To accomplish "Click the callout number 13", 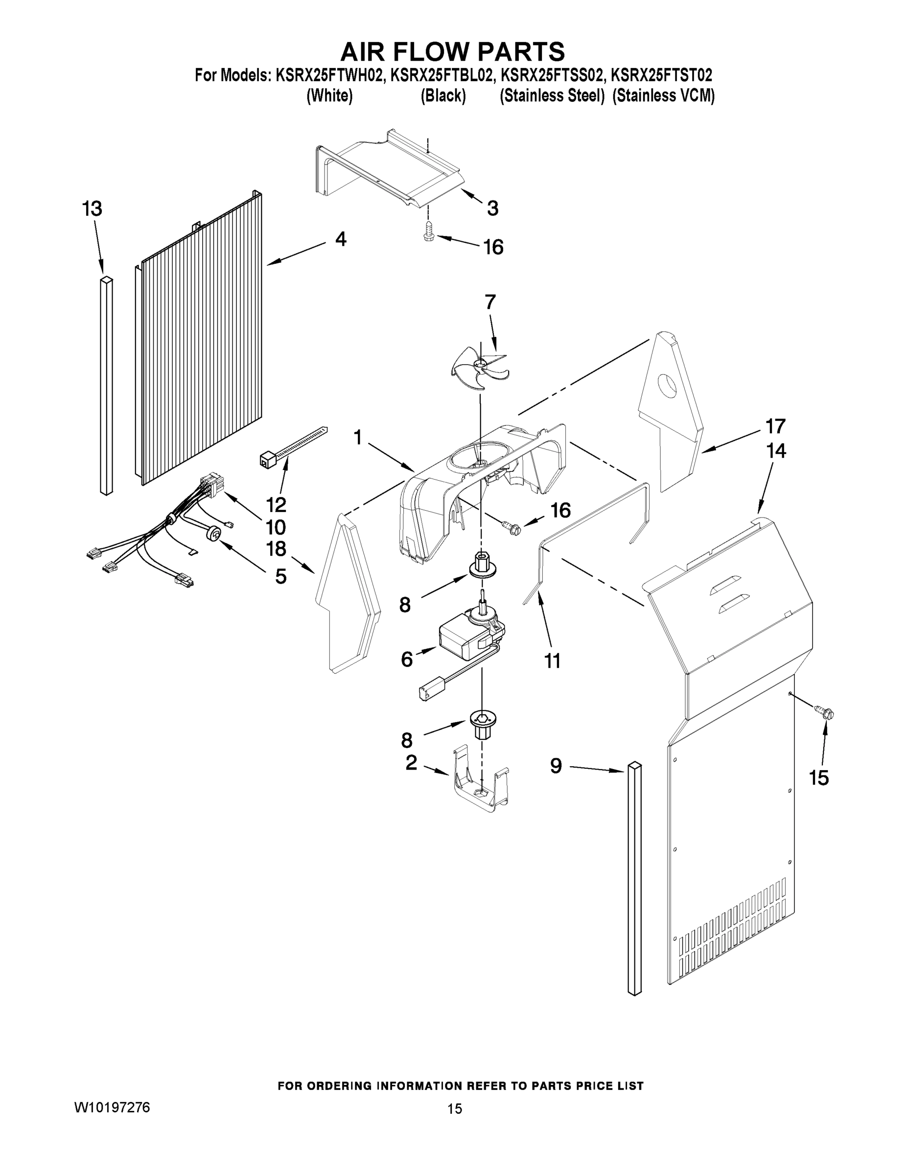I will coord(92,209).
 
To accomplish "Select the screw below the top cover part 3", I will coord(429,233).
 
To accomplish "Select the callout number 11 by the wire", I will coord(553,660).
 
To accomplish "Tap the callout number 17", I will coord(775,426).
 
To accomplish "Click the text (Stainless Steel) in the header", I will coord(553,96).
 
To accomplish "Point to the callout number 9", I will coord(556,765).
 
